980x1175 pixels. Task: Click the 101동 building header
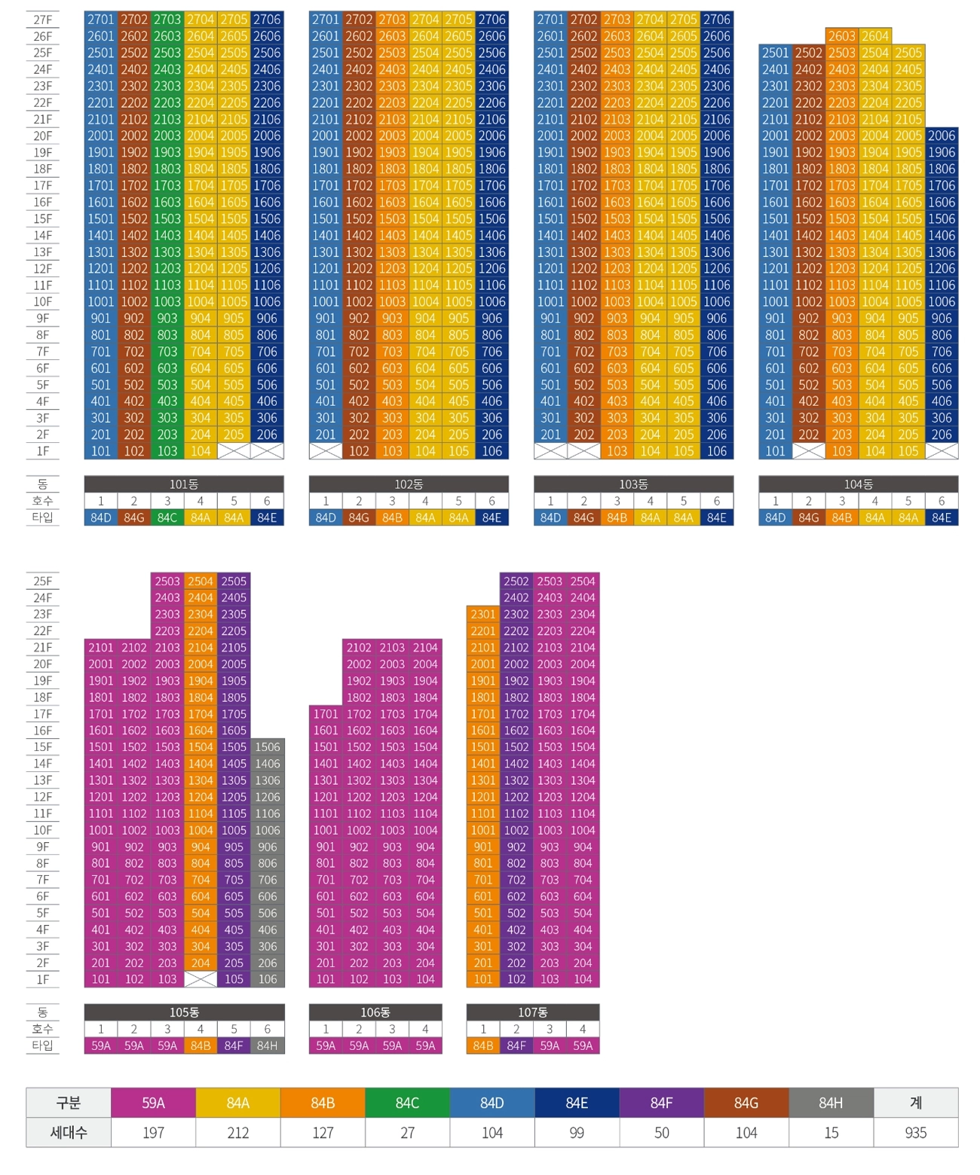point(184,484)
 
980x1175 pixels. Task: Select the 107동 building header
point(532,1012)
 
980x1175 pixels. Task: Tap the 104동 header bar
point(858,484)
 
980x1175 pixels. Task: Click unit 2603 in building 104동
point(841,36)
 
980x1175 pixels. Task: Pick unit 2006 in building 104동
point(942,136)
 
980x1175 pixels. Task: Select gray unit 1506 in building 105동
point(267,747)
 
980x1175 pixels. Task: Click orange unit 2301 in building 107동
point(483,615)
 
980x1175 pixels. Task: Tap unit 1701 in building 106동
point(326,714)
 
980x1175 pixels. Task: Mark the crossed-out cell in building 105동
point(201,979)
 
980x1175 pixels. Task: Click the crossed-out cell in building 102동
point(326,451)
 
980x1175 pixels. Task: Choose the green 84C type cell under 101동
point(167,517)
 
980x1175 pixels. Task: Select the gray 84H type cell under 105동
point(267,1045)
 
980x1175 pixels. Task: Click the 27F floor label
point(43,20)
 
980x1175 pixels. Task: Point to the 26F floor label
point(43,37)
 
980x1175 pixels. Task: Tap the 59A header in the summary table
point(153,1103)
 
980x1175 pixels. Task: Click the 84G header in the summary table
point(746,1103)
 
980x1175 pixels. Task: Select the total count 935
point(915,1133)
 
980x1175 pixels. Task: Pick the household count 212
point(237,1133)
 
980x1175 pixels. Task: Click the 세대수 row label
point(69,1133)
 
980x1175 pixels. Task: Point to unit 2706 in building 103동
point(717,20)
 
